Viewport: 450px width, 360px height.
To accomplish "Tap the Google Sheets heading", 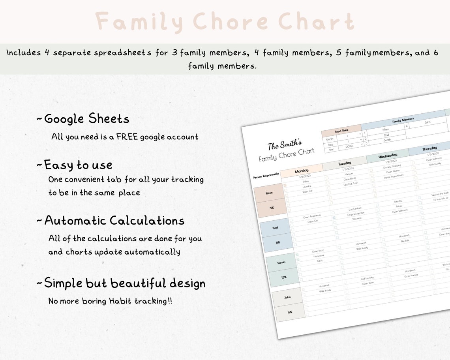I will click(87, 119).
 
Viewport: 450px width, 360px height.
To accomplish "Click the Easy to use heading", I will click(78, 165).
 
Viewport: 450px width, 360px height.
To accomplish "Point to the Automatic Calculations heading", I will click(114, 220).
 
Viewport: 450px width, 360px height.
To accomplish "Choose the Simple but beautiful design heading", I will click(125, 283).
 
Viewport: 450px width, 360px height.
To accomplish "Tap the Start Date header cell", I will click(341, 130).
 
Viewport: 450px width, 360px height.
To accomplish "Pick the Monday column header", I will click(302, 171).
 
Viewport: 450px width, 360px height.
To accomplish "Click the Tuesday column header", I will click(345, 163).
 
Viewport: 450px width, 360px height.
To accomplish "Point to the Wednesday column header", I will click(388, 156).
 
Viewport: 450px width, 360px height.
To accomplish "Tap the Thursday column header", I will click(429, 148).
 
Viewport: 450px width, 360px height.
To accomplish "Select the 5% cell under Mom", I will click(272, 208).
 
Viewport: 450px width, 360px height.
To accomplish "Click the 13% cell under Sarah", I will click(284, 277).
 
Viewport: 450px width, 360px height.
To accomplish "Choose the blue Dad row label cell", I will click(275, 228).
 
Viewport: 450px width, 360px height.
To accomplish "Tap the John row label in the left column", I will click(287, 297).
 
